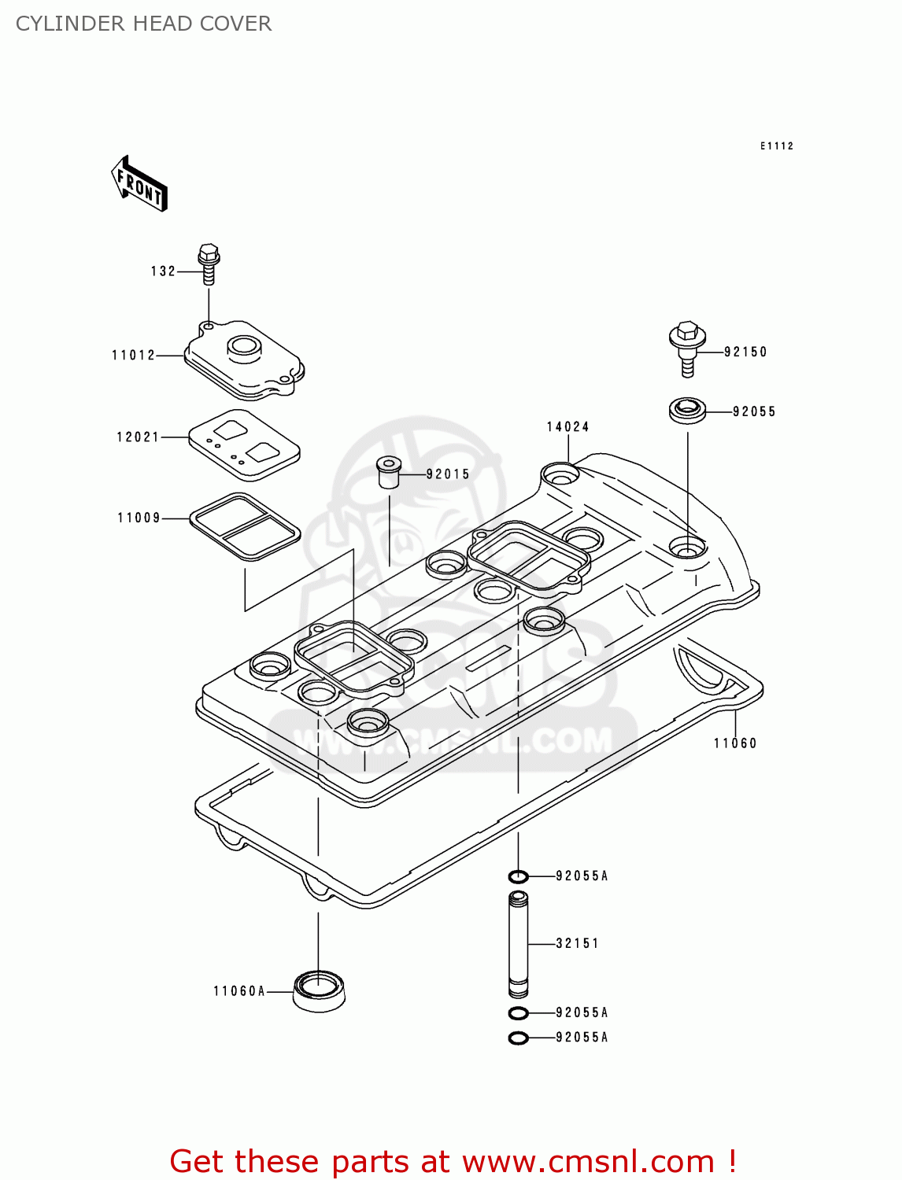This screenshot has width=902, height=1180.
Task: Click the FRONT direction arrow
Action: point(140,184)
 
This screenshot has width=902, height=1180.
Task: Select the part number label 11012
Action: point(134,356)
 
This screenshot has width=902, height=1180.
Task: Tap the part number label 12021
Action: point(139,437)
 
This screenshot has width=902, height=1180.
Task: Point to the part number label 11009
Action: point(139,518)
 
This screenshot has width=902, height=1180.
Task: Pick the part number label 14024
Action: point(568,427)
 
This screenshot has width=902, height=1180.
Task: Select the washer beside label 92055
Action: point(687,411)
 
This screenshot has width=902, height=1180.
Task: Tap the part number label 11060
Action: point(735,743)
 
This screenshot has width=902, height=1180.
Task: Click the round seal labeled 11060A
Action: point(319,991)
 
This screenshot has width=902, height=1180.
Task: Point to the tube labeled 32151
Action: point(518,944)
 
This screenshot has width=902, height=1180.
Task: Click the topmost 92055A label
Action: point(582,876)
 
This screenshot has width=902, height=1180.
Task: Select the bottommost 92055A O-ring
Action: point(518,1038)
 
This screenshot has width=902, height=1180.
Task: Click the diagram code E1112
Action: point(777,146)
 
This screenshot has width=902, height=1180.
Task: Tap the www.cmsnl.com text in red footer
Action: point(588,1161)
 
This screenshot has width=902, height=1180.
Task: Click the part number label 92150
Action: point(745,352)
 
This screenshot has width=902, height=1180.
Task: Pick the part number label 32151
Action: point(578,943)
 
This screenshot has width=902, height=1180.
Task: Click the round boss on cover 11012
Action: point(244,346)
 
